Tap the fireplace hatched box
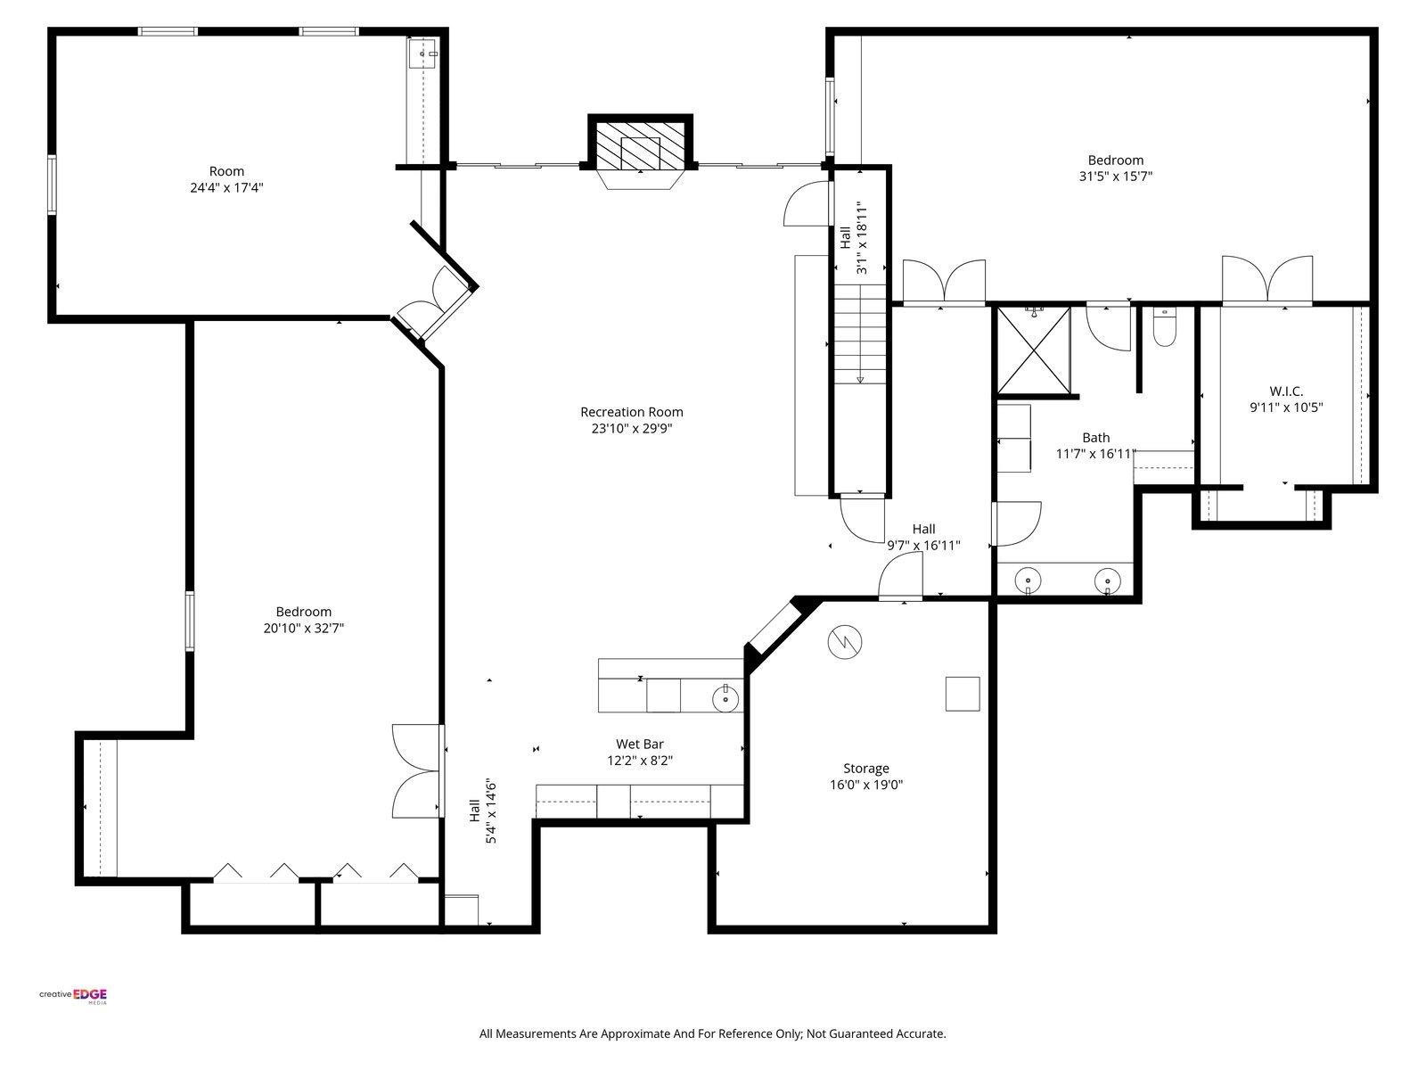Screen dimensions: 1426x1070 click(x=640, y=145)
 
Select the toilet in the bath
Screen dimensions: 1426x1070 click(x=1164, y=328)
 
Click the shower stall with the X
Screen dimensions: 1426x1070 click(x=1034, y=350)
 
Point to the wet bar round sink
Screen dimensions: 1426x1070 click(x=725, y=699)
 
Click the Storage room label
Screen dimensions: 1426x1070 click(x=866, y=769)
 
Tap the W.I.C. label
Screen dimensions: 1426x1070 click(x=1286, y=391)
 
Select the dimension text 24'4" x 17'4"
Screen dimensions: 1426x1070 click(x=226, y=188)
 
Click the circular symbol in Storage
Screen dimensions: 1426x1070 click(x=845, y=643)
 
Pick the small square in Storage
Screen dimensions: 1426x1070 click(x=963, y=694)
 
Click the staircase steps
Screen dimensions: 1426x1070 click(x=860, y=333)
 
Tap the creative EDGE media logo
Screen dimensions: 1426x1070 click(x=73, y=996)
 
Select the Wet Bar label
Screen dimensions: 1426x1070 click(x=640, y=744)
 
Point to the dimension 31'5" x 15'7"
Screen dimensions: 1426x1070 click(x=1116, y=176)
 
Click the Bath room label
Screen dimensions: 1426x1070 click(x=1096, y=438)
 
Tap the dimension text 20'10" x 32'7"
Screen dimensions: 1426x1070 click(x=303, y=629)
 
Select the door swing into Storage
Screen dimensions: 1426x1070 click(x=900, y=576)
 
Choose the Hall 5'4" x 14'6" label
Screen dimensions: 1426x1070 click(x=483, y=812)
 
